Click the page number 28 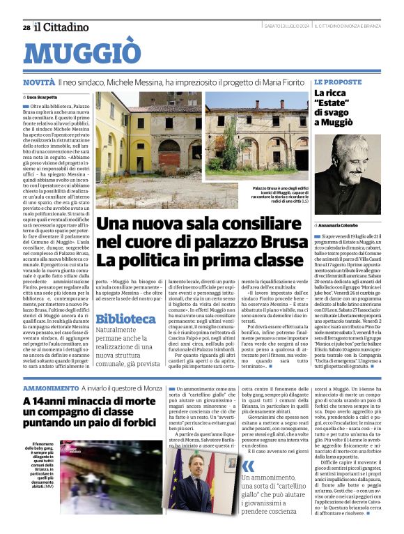[26, 27]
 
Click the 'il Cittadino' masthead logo [62, 27]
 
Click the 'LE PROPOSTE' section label [338, 82]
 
